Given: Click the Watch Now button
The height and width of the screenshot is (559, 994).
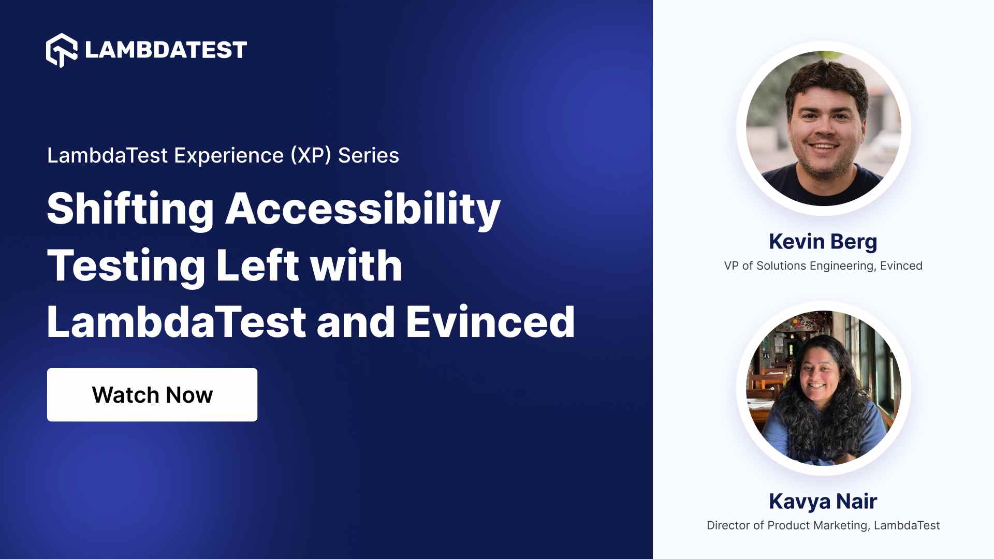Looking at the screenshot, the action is coord(152,394).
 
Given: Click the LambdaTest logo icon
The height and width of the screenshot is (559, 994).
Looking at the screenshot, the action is coord(62,50).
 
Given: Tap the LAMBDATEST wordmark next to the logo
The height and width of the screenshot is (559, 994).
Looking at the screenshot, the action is coord(166,50).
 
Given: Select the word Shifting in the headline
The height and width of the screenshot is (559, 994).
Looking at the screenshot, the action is coord(130,209).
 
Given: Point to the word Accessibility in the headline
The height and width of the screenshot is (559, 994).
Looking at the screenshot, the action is coord(363,209).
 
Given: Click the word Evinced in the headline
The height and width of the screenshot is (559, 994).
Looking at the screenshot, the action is coord(490,322).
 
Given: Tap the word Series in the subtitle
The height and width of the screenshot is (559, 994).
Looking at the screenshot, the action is coord(369,155).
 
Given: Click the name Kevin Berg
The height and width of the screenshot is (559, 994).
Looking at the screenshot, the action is coord(823,242).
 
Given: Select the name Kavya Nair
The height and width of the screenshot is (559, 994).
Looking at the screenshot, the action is coord(823,501).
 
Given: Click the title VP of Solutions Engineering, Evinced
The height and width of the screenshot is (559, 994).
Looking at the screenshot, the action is coord(823,266).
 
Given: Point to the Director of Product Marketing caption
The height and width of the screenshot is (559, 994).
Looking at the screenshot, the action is coord(787,525).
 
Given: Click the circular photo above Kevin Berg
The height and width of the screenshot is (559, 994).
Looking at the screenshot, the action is coord(824,128).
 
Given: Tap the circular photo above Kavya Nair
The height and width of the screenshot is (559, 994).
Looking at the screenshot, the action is coord(824,388).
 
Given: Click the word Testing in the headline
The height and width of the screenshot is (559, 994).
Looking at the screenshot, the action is coord(126,266).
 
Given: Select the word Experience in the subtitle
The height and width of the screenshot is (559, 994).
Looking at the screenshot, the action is coord(229,156).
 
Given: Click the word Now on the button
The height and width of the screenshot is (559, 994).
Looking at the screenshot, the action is coord(189,395).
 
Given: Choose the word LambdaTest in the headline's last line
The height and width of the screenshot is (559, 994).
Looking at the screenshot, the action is coord(177,322).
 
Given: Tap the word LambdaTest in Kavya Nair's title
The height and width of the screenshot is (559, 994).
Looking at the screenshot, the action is coord(907,525).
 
